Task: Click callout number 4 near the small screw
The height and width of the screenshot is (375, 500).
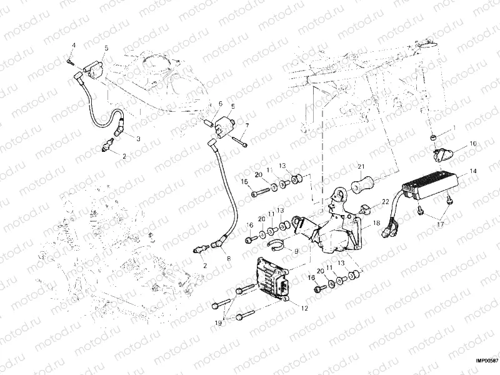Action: [72, 46]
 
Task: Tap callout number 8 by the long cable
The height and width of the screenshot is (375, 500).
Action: [227, 258]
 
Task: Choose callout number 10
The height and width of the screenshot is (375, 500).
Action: [473, 143]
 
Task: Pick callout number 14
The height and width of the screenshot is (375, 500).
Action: [473, 170]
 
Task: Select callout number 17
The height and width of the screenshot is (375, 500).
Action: [441, 223]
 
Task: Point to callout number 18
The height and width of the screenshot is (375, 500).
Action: [377, 222]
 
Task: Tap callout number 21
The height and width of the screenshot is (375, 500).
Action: [361, 166]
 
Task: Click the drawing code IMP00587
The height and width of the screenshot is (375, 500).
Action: [486, 360]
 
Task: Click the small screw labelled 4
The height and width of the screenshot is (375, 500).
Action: [69, 61]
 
